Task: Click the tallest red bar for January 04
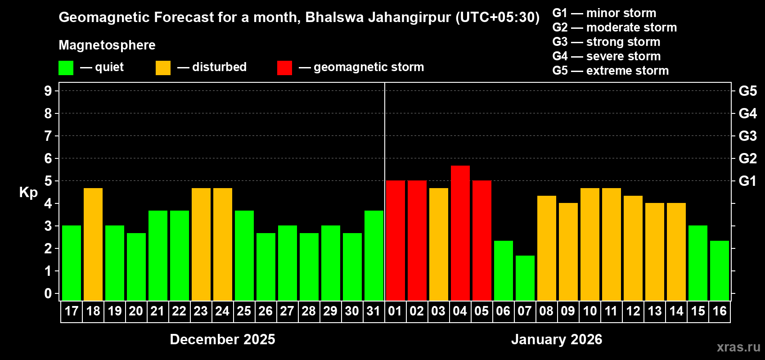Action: (x=460, y=233)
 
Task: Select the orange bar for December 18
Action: (x=93, y=244)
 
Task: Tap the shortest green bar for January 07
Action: (x=525, y=278)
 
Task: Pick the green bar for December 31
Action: (x=373, y=255)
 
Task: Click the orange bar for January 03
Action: (x=438, y=244)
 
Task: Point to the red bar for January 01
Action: (x=395, y=240)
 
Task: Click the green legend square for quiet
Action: (x=66, y=68)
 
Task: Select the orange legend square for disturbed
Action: (x=163, y=68)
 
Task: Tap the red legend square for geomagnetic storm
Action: (x=284, y=68)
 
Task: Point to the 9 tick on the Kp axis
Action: (x=48, y=91)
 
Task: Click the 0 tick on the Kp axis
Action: (x=48, y=294)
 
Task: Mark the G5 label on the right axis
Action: (x=747, y=91)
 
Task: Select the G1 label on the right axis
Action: (x=747, y=181)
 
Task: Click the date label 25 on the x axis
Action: (x=244, y=311)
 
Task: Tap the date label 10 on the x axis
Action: (x=589, y=311)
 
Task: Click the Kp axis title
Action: (x=28, y=193)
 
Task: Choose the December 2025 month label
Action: (x=222, y=339)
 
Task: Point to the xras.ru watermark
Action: (x=738, y=347)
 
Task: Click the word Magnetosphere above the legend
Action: (x=107, y=45)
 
